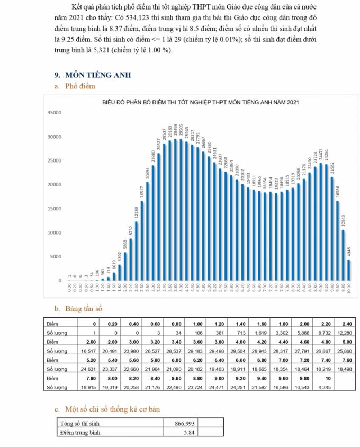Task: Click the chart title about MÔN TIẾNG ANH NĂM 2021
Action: click(x=201, y=102)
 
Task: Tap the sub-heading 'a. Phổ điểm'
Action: click(x=79, y=86)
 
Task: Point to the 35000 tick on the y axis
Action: click(x=55, y=113)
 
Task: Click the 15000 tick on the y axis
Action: click(x=55, y=209)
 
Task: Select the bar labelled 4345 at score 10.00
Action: click(x=349, y=270)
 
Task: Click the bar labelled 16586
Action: click(x=338, y=240)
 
